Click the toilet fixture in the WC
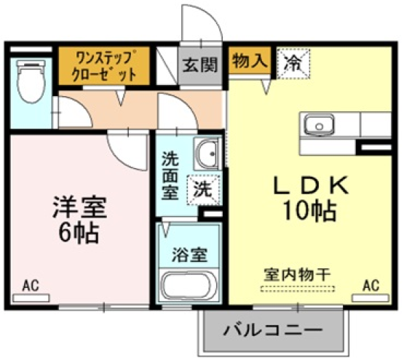point(31,81)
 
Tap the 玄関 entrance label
point(200,65)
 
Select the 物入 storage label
point(250,61)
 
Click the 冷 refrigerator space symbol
point(294,64)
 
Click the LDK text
point(311,186)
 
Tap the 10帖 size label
point(310,211)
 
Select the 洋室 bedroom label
point(80,207)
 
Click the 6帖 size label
point(79,232)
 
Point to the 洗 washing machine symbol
point(204,190)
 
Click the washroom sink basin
point(207,154)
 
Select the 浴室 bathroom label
point(189,254)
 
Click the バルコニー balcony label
point(272,330)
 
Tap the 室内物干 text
point(297,275)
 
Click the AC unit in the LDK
point(370,298)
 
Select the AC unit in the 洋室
point(31,298)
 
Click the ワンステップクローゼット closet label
point(104,66)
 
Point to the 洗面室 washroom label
point(170,176)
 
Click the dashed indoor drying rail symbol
point(298,289)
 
